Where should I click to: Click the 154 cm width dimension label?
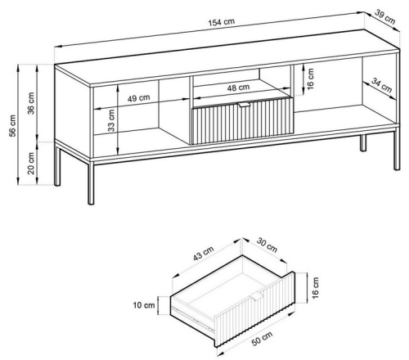[x=222, y=22]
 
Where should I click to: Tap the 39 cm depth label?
[x=384, y=17]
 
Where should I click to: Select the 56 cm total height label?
[x=13, y=125]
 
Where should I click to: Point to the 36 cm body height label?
[x=31, y=103]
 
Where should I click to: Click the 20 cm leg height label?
[x=31, y=163]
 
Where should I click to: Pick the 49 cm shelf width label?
[x=138, y=97]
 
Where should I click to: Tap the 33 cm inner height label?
[x=111, y=120]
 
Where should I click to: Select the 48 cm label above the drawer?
[x=238, y=88]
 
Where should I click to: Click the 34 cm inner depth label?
[x=382, y=85]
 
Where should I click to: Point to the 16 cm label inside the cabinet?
[x=310, y=79]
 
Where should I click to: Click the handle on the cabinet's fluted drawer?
[x=245, y=105]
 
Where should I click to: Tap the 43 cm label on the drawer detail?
[x=204, y=253]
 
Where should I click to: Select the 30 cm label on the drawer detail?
[x=267, y=245]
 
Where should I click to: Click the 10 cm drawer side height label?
[x=144, y=305]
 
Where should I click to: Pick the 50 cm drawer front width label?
[x=262, y=339]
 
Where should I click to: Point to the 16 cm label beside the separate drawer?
[x=315, y=288]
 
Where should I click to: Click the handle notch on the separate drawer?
[x=258, y=296]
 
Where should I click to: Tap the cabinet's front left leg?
[x=91, y=182]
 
